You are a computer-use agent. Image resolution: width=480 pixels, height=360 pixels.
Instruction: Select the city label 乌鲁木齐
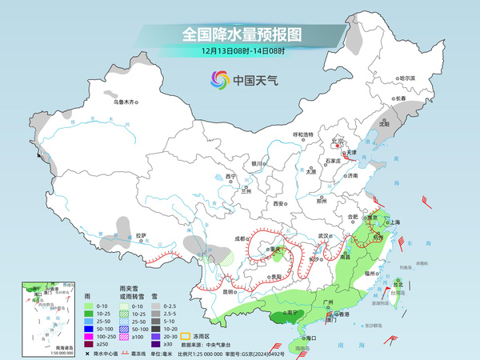tap(126, 102)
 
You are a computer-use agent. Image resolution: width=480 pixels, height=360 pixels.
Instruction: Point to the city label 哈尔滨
tap(407, 78)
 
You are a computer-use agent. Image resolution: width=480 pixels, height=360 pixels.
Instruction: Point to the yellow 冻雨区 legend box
tap(182, 337)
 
